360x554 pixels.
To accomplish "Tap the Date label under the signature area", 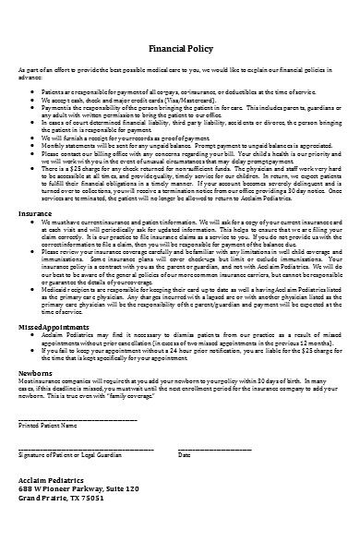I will pos(184,455).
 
